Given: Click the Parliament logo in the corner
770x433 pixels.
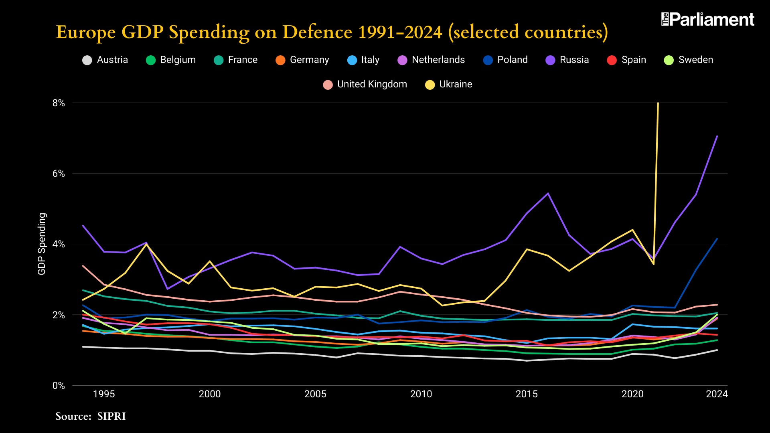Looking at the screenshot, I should tap(708, 19).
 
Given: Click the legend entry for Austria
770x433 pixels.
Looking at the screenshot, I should tap(105, 60).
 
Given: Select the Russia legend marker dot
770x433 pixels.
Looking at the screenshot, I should tap(551, 60).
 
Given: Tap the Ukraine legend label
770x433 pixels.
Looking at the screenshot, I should tap(456, 84).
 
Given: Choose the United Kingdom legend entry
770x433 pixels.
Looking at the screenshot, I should tap(365, 84).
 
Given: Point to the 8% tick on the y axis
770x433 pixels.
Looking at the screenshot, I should tap(59, 103).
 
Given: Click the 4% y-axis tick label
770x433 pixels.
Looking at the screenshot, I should tap(59, 244).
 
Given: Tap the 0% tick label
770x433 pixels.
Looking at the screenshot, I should tap(59, 386).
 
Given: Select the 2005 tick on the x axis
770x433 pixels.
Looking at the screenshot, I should tap(315, 394).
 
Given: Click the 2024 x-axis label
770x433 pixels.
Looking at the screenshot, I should tap(717, 394).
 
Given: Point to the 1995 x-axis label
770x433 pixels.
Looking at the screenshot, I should tap(104, 394).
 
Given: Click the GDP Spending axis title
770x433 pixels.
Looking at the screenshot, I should tap(42, 244).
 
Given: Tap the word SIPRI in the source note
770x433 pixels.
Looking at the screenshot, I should tap(111, 416).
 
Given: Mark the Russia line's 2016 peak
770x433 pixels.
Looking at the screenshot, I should tap(548, 194).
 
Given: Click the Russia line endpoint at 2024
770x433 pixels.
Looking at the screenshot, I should tap(717, 136).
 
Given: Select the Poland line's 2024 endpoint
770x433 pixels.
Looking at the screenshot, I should tap(717, 239).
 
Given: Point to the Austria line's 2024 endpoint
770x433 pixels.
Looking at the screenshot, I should tap(717, 350).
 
